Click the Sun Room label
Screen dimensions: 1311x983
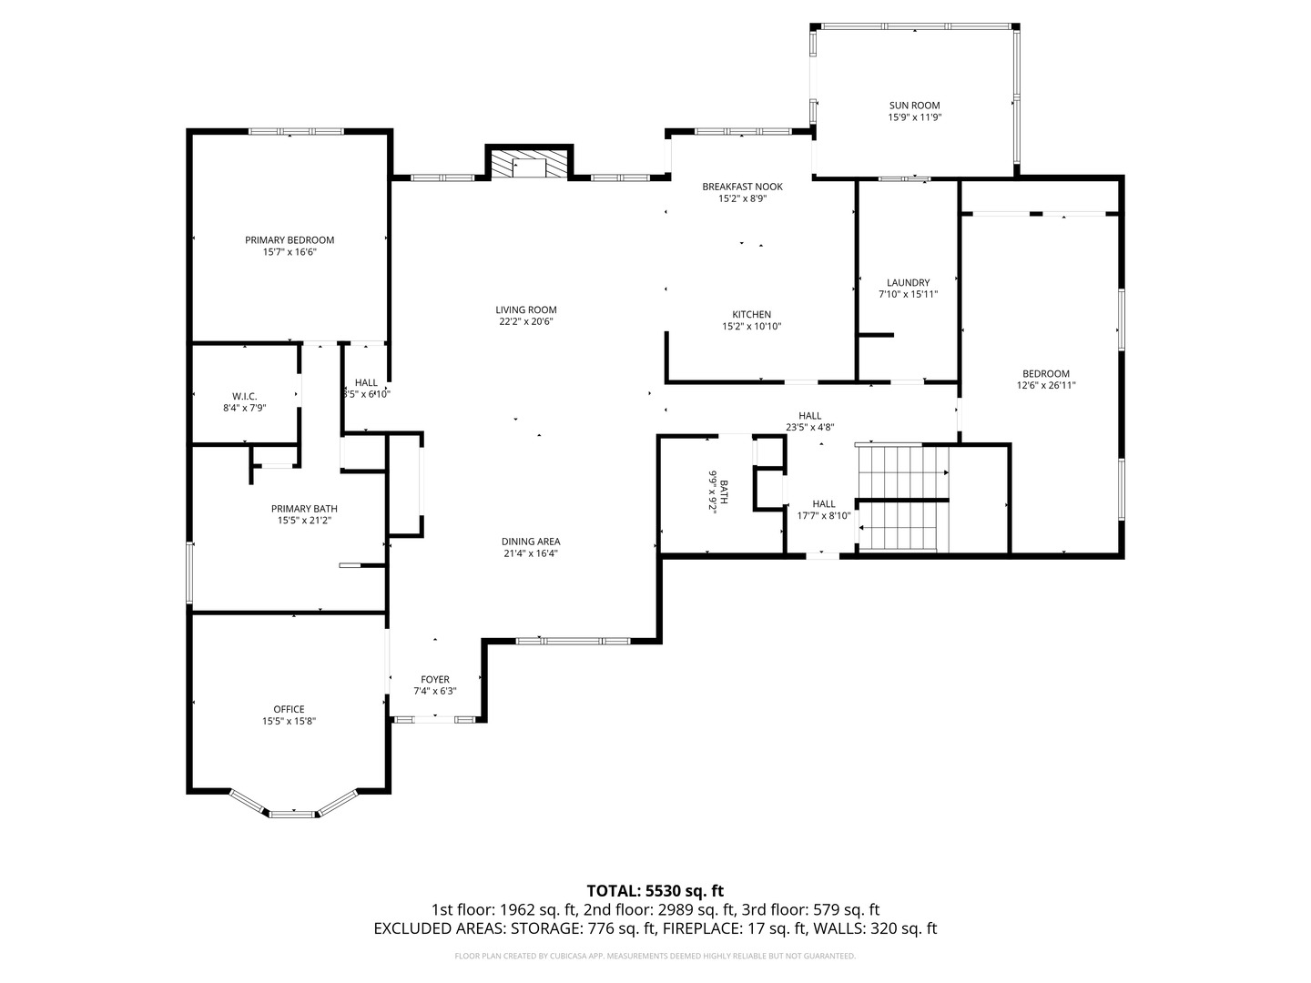point(914,106)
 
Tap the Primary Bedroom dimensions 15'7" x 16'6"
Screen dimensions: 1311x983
point(290,252)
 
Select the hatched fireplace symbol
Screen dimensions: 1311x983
point(529,164)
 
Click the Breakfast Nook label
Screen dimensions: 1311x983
point(742,187)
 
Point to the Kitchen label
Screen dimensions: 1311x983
point(751,315)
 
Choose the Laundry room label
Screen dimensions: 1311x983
point(908,282)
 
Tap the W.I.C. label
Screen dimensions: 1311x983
point(244,396)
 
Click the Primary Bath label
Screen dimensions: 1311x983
point(304,509)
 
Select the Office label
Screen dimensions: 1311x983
point(290,709)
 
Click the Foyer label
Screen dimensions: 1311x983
point(435,679)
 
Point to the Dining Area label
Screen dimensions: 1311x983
point(531,542)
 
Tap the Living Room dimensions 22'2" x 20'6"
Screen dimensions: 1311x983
point(525,321)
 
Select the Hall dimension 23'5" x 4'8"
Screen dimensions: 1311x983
point(809,428)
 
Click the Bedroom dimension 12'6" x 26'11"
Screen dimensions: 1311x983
point(1046,386)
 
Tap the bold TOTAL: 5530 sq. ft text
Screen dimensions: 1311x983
point(655,891)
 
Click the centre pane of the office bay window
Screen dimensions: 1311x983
point(291,814)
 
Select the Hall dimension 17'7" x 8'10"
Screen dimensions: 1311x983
point(824,516)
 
